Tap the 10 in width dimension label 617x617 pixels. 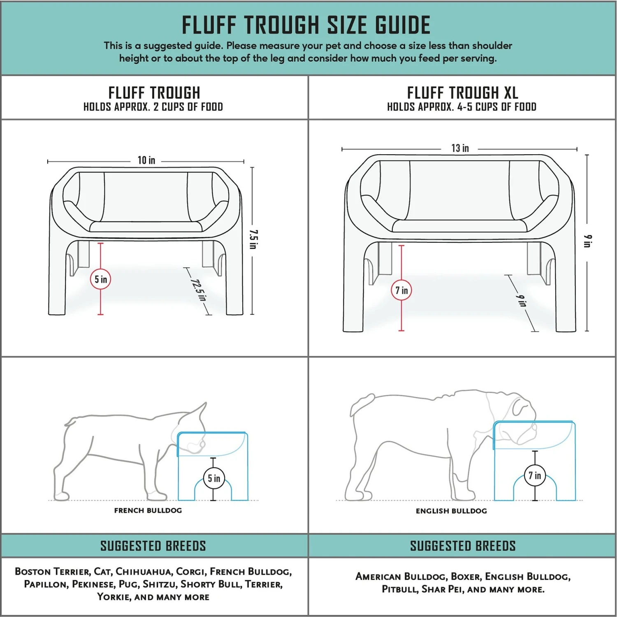pos(146,160)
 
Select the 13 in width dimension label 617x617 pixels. pos(460,148)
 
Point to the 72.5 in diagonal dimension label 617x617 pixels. pos(198,290)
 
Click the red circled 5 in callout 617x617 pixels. pos(101,280)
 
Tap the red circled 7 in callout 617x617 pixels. pos(401,290)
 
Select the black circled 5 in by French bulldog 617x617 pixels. pos(214,478)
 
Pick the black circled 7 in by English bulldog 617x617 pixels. pos(535,476)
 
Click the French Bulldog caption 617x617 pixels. pos(148,510)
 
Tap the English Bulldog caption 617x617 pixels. pos(451,511)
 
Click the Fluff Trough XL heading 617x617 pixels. pos(462,93)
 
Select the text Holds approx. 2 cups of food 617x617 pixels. pos(153,107)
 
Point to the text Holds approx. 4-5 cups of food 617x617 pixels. pos(462,107)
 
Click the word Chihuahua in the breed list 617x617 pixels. pos(143,571)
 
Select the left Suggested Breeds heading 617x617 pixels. pos(153,546)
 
